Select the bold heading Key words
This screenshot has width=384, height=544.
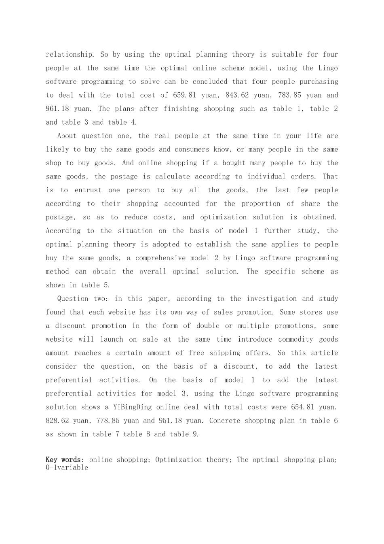tap(64, 460)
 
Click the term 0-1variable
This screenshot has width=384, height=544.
tap(67, 467)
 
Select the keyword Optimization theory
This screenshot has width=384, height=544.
tap(192, 460)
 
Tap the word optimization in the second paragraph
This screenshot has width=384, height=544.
tap(223, 217)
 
